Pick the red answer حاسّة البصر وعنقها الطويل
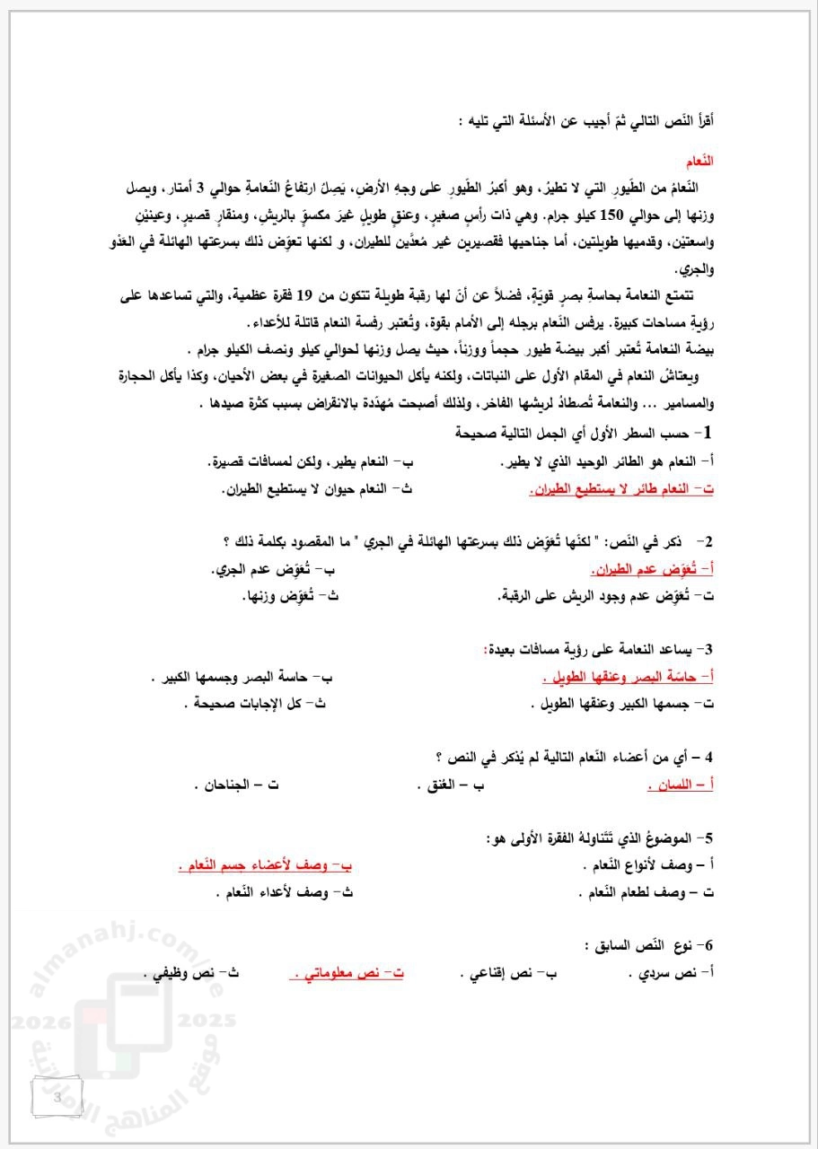[629, 677]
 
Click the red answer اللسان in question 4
[681, 785]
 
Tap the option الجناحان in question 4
[235, 785]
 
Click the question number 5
[708, 838]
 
